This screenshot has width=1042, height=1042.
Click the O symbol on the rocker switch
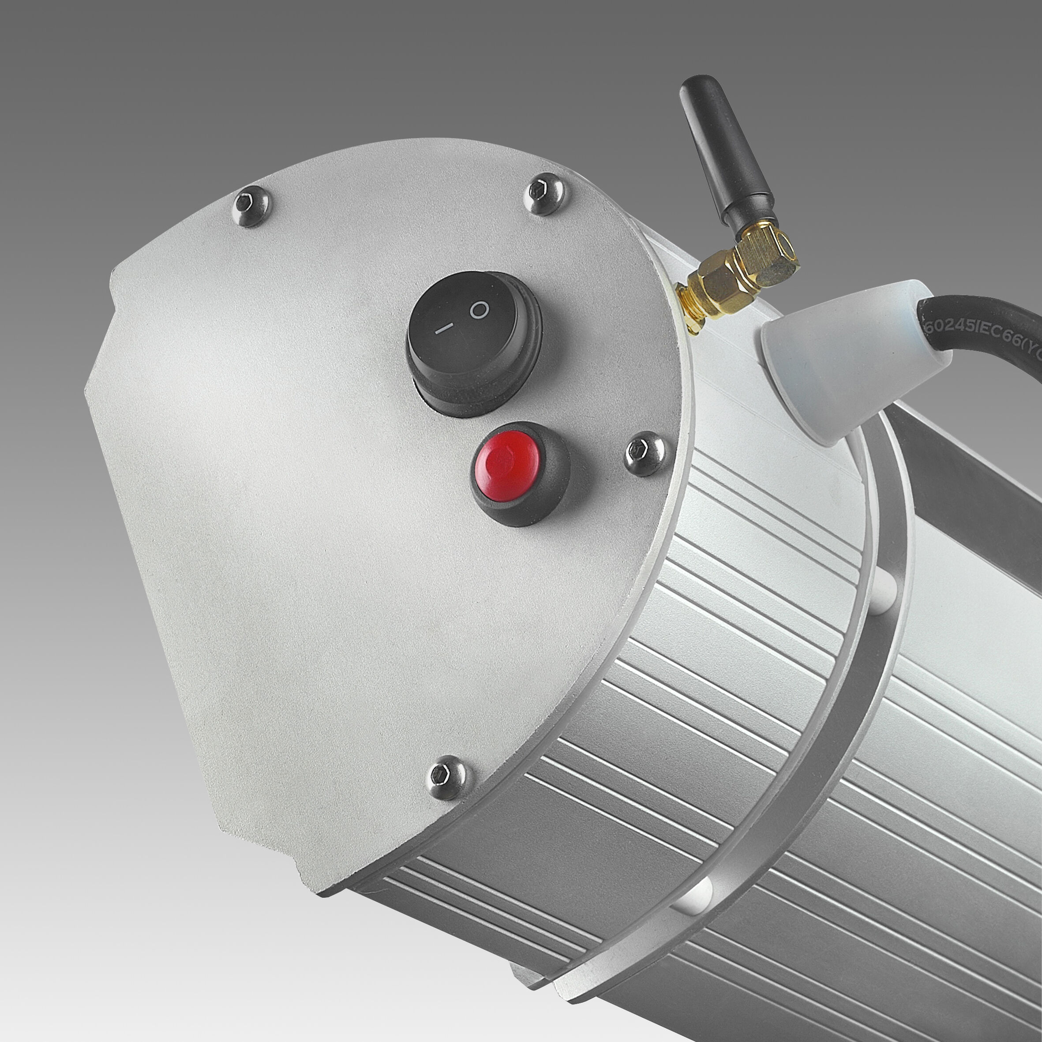(479, 310)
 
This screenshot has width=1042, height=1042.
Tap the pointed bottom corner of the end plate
(318, 890)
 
